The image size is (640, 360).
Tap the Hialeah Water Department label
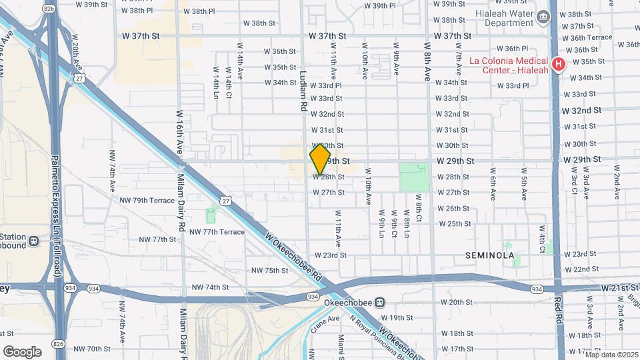[507, 18]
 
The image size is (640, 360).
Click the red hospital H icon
[559, 65]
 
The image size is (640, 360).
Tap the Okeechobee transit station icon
[379, 301]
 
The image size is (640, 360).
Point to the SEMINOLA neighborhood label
[490, 255]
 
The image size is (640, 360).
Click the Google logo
[22, 351]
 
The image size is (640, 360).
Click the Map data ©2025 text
[611, 354]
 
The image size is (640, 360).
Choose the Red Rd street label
[558, 309]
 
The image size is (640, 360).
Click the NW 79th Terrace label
[147, 200]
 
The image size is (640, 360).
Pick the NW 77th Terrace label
[217, 231]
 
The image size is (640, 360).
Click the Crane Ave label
[325, 321]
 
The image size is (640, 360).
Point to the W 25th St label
[453, 223]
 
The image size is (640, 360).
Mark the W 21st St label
[619, 287]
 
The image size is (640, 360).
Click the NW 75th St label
[269, 270]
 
